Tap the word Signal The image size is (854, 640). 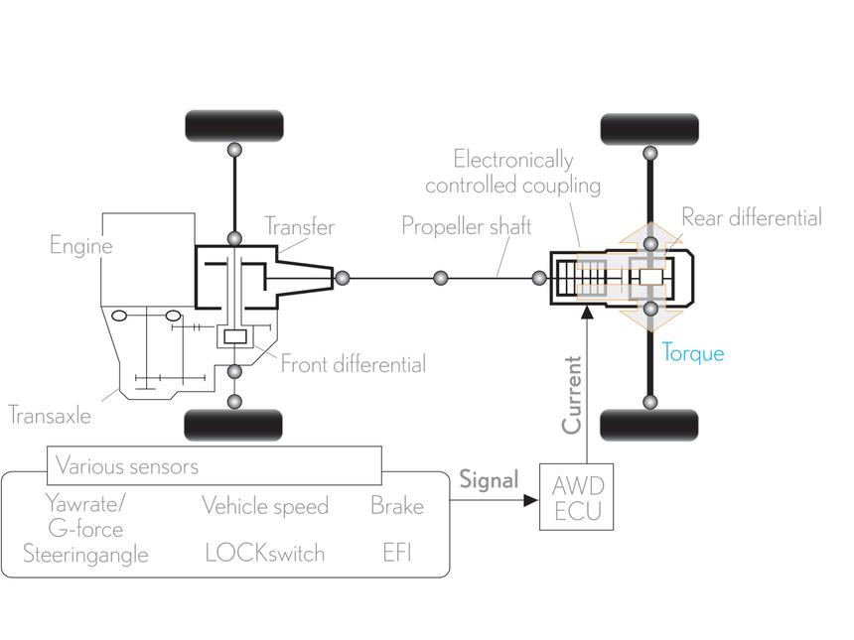[489, 480]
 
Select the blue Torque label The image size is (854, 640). [693, 354]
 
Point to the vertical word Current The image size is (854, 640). [572, 395]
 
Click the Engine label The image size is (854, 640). [81, 245]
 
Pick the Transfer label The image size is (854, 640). [300, 226]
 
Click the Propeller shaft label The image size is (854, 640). [466, 226]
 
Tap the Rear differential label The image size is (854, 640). [752, 217]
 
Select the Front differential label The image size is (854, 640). [353, 364]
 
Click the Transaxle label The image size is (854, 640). [50, 416]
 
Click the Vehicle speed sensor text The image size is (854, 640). [265, 506]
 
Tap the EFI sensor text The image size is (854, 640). [397, 553]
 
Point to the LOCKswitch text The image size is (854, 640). [265, 554]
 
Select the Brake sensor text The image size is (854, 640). [397, 506]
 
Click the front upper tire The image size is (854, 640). [234, 126]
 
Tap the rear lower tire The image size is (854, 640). [648, 425]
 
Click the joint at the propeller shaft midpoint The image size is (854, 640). [441, 279]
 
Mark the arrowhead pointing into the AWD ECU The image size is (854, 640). [530, 500]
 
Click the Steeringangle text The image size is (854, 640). [85, 554]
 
